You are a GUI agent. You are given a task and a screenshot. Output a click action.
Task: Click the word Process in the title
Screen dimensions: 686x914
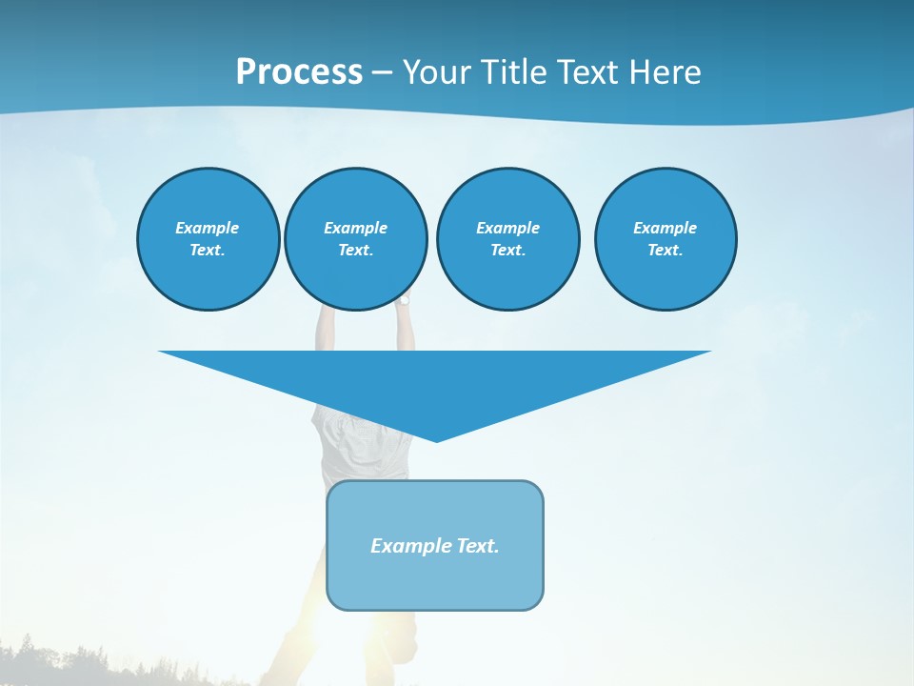[299, 72]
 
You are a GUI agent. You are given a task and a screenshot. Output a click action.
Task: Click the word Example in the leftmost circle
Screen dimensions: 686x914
[208, 228]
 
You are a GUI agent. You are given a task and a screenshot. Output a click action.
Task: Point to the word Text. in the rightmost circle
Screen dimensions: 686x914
[665, 251]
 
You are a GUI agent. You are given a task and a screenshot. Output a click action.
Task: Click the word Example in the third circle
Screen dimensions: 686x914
[507, 228]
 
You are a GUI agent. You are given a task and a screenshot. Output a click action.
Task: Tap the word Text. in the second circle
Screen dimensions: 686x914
[355, 251]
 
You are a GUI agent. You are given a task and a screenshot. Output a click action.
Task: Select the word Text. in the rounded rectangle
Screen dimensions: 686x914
[477, 546]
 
